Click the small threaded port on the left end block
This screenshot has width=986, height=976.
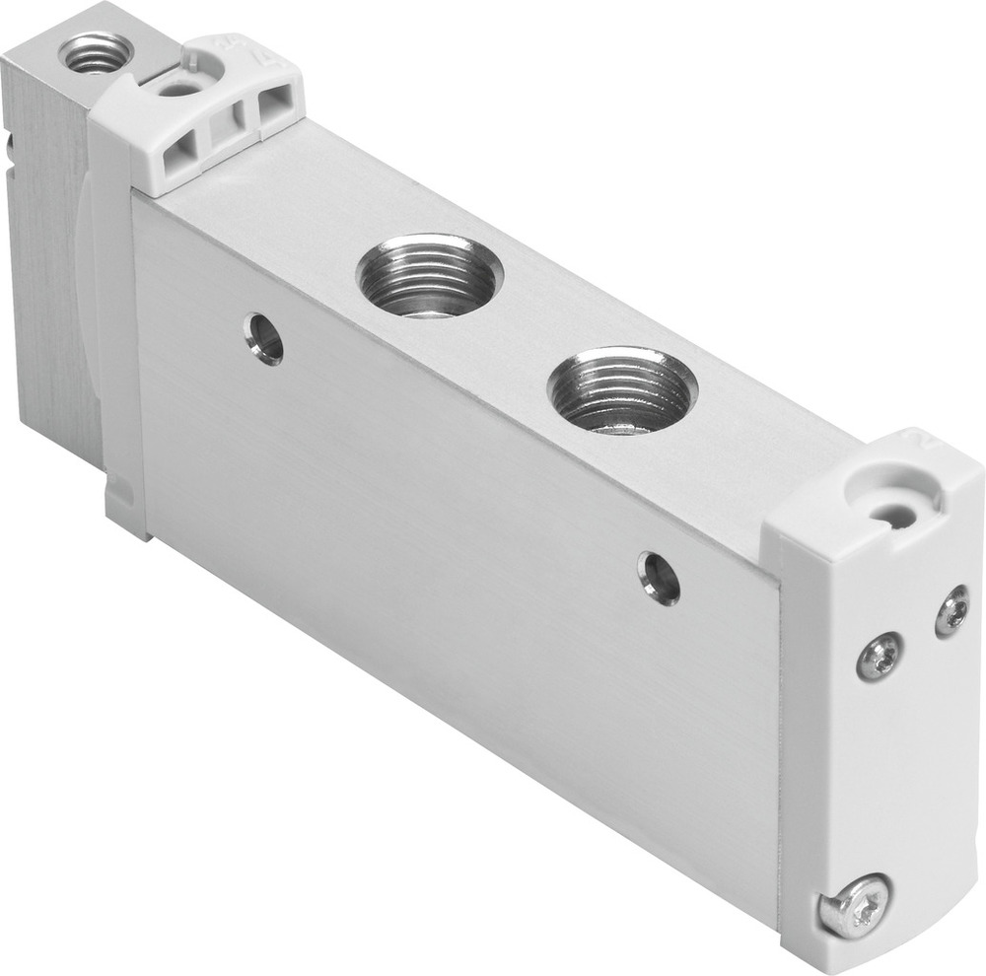pyautogui.click(x=96, y=52)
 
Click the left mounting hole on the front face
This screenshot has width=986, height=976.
pyautogui.click(x=264, y=338)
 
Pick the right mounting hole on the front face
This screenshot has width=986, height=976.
pyautogui.click(x=659, y=577)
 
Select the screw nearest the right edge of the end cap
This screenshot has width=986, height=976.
pyautogui.click(x=951, y=610)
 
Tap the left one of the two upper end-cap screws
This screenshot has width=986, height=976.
pyautogui.click(x=879, y=656)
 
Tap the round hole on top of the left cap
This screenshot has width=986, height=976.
pyautogui.click(x=180, y=89)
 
